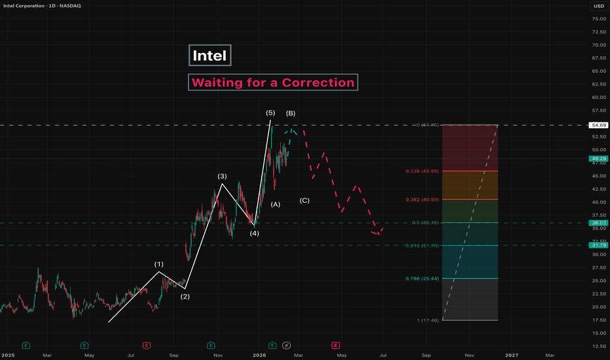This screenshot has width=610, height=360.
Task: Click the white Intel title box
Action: tap(210, 56)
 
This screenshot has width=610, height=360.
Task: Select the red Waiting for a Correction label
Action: tap(273, 82)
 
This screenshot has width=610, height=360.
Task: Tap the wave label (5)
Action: tap(270, 113)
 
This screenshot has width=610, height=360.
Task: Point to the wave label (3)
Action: tap(223, 176)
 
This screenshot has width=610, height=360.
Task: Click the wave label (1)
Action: tap(159, 264)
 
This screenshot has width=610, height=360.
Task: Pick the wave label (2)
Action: tap(185, 297)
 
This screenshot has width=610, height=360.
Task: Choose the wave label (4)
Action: tap(254, 233)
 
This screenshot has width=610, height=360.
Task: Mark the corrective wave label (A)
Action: tap(276, 204)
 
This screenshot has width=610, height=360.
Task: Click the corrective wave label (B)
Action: tap(291, 113)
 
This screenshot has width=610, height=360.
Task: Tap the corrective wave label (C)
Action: tap(305, 200)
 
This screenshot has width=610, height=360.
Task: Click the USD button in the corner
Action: tap(598, 6)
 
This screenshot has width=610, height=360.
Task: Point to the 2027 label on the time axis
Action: tap(511, 355)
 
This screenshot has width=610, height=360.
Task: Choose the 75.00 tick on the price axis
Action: tap(598, 19)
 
